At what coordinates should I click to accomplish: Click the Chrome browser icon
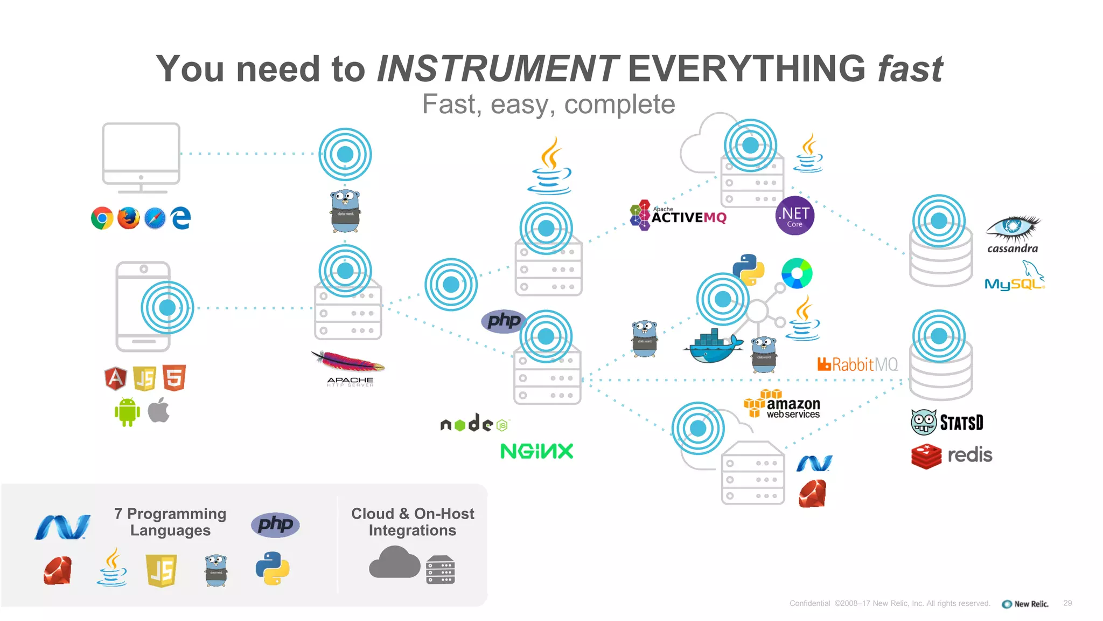[x=102, y=218]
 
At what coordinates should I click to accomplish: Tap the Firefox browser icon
[x=128, y=218]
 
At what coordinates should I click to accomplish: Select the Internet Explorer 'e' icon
[x=181, y=218]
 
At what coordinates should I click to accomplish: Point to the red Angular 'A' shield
[x=115, y=378]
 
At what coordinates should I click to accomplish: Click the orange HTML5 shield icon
[x=174, y=378]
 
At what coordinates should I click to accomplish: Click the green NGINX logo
[x=536, y=451]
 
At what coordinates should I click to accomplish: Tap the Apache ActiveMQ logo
[x=678, y=216]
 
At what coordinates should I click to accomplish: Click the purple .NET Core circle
[x=794, y=216]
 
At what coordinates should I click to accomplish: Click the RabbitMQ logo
[x=857, y=364]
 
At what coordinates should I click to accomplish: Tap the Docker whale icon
[x=713, y=347]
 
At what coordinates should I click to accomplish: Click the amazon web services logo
[x=782, y=405]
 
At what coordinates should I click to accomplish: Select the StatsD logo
[x=947, y=422]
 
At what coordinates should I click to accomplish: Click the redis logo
[x=952, y=456]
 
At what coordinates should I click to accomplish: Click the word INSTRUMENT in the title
[x=497, y=69]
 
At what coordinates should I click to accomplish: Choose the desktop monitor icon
[x=141, y=156]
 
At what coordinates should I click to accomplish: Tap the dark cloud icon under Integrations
[x=394, y=563]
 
